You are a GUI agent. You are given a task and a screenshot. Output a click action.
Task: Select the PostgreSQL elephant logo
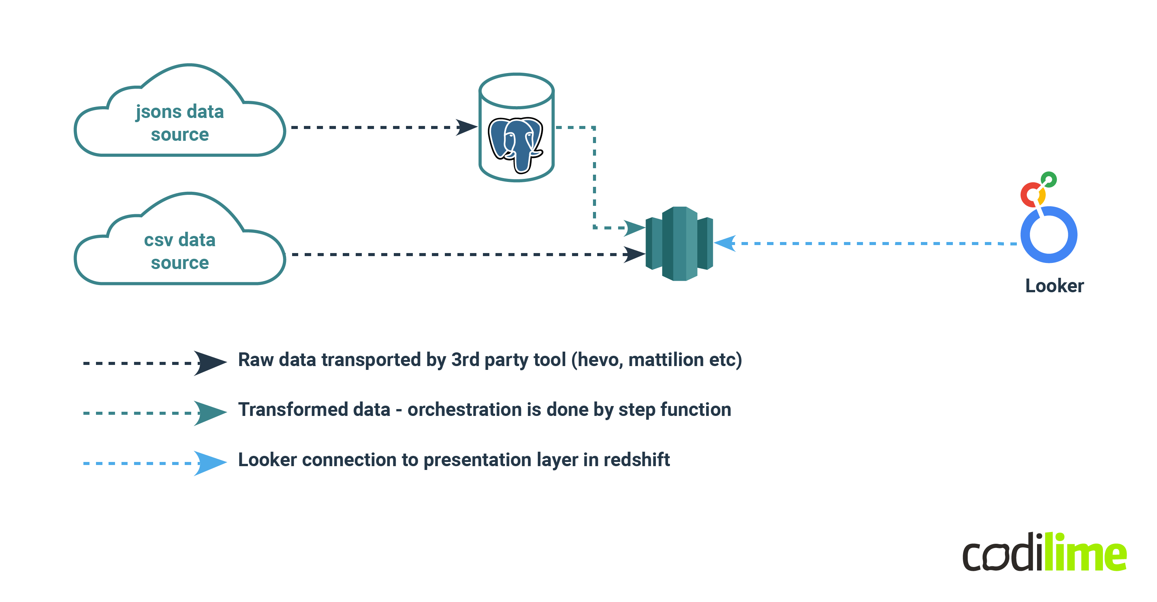tap(516, 144)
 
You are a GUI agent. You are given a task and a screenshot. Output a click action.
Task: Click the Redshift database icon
tap(679, 244)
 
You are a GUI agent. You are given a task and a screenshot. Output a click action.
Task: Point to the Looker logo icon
tap(1048, 225)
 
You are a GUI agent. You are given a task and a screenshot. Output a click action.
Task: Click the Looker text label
tap(1054, 286)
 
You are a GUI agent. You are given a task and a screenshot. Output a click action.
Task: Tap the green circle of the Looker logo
tap(1049, 180)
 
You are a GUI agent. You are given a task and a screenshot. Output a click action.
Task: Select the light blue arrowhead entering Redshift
tap(725, 243)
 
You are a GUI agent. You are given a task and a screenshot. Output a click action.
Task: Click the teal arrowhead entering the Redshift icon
tap(634, 228)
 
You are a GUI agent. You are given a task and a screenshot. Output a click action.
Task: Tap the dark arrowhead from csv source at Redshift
tap(634, 255)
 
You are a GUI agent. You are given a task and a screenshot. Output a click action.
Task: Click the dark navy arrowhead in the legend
tap(209, 363)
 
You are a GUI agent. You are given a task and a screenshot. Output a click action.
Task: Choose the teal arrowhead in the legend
tap(209, 412)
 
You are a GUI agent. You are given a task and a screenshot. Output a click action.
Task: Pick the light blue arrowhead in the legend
tap(209, 463)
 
